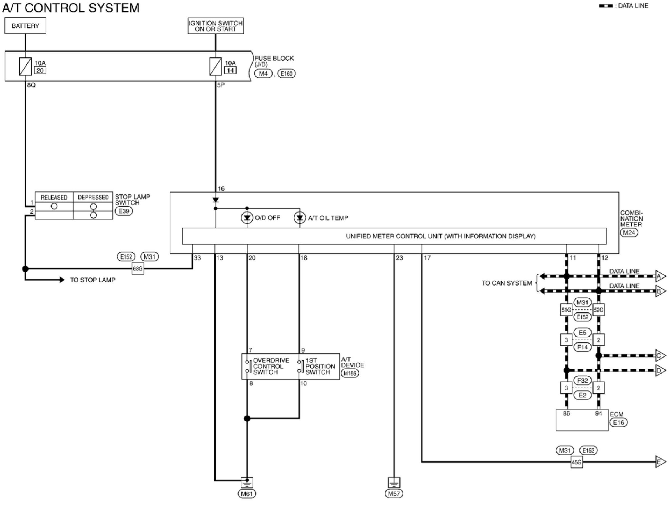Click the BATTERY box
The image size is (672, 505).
25,26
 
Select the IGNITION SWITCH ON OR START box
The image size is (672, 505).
215,26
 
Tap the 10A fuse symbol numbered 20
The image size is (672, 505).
25,66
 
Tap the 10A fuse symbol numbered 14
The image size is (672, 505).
215,66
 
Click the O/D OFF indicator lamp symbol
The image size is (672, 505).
247,218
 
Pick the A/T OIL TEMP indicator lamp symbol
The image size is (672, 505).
299,218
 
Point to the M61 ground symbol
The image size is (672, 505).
247,482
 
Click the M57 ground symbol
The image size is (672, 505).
394,482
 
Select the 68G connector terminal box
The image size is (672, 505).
138,269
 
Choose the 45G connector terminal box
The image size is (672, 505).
576,462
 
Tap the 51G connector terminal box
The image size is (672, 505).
566,310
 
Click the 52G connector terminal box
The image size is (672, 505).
598,310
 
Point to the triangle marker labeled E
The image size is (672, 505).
660,462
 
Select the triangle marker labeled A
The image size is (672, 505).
660,276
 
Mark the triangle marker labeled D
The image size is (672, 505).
660,370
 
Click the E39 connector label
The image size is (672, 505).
124,211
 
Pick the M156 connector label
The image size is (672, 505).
350,373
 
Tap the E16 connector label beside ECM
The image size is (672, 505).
618,422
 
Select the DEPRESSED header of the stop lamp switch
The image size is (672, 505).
93,197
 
